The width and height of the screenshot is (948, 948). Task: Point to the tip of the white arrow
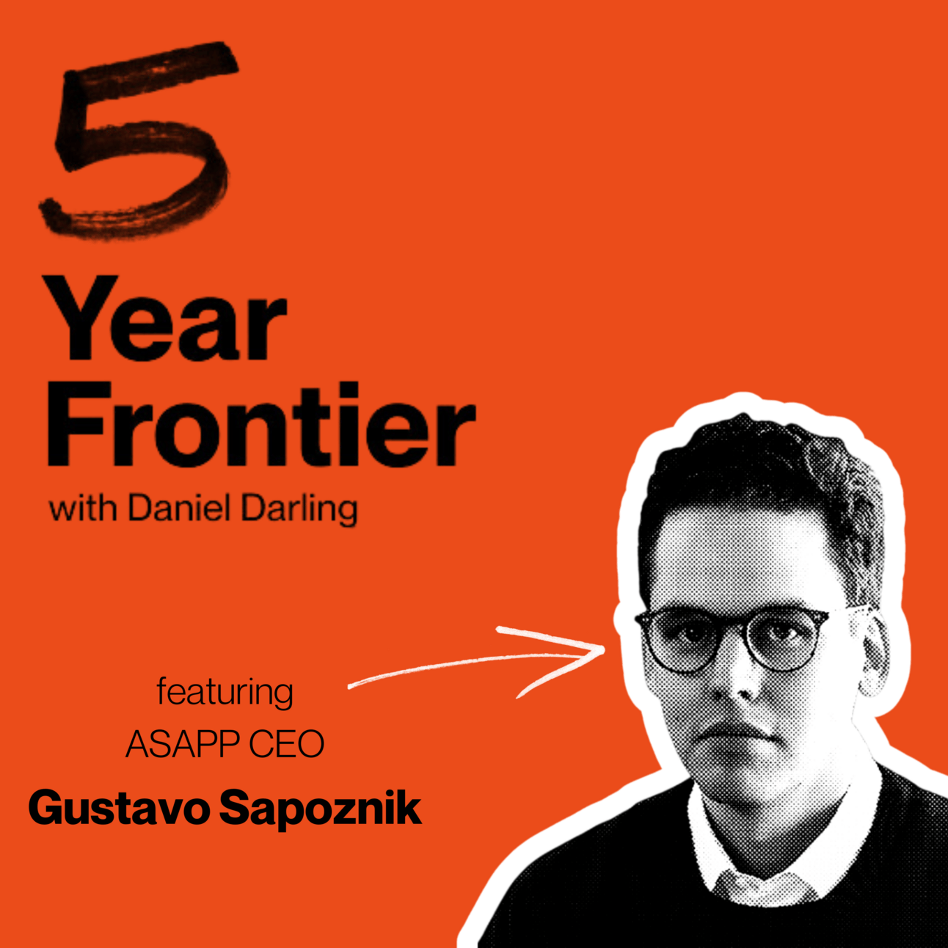click(x=604, y=650)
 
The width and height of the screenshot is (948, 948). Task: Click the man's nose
click(x=738, y=682)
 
